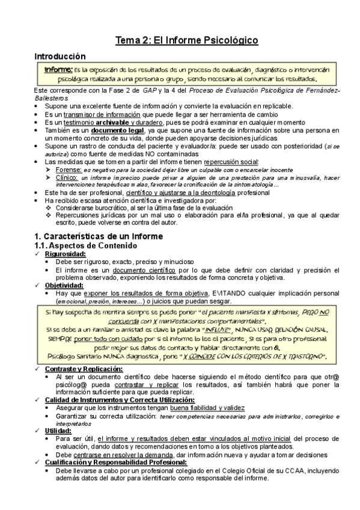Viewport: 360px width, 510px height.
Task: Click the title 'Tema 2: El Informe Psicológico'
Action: (x=187, y=40)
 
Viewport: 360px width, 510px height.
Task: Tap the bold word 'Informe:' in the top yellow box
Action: (x=58, y=70)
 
